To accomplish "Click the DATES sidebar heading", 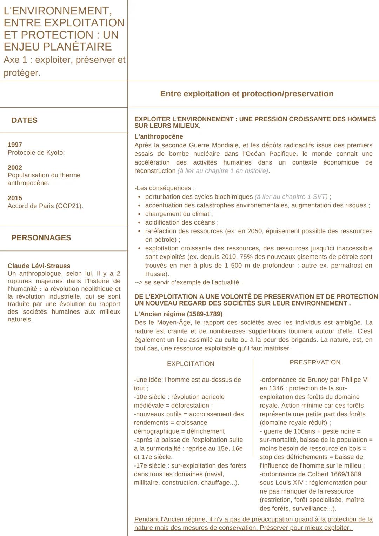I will tap(24, 120).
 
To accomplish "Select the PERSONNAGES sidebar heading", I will tap(41, 238).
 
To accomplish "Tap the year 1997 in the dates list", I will tap(15, 145).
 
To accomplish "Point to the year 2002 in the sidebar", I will tap(15, 168).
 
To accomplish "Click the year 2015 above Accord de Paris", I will tap(15, 198).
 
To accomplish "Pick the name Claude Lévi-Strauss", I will tap(39, 266).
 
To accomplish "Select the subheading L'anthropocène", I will tap(159, 136).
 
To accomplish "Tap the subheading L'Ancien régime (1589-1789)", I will tap(178, 314).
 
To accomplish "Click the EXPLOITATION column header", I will tap(191, 364).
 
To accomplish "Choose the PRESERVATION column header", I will tap(315, 362).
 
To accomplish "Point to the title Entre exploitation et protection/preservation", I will tap(247, 94).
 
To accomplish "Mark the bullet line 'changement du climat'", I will tap(179, 214).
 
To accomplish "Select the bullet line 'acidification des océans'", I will tap(181, 222).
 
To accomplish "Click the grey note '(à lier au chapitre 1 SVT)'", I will tap(291, 197).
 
